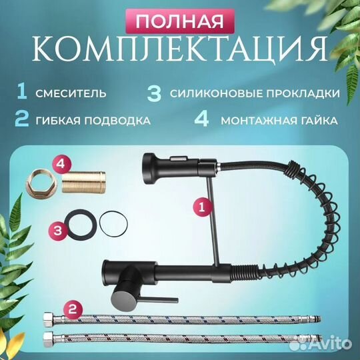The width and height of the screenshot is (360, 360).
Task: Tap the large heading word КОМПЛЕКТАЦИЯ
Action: pyautogui.click(x=180, y=51)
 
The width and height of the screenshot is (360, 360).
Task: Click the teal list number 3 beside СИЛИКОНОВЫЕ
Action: pyautogui.click(x=154, y=93)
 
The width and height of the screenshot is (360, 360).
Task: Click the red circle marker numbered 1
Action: pyautogui.click(x=199, y=207)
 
